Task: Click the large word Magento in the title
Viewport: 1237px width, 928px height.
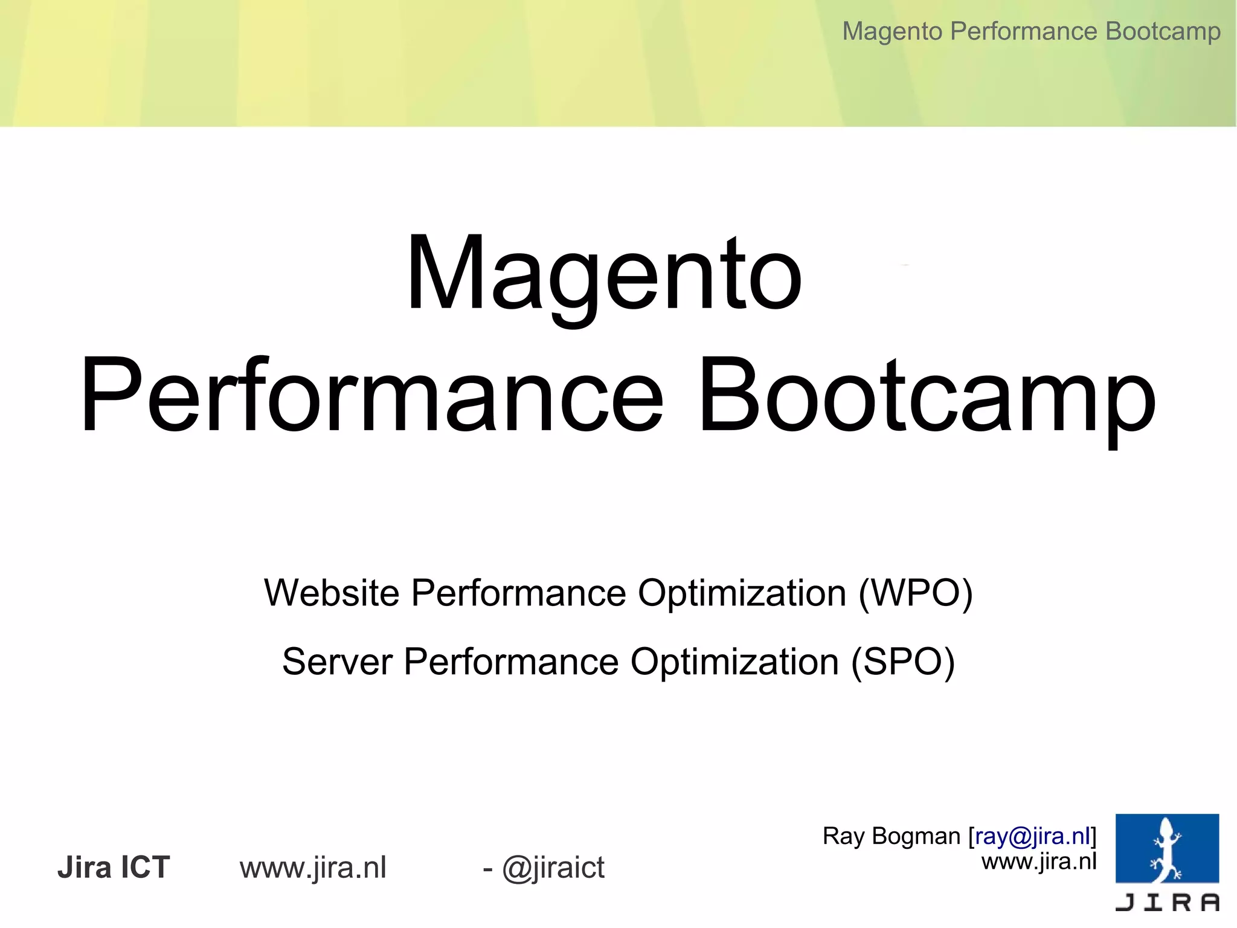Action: point(604,275)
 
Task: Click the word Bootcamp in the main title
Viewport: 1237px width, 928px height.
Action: point(927,396)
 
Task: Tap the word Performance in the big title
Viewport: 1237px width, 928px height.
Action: point(371,396)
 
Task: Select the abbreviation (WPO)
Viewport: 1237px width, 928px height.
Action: point(916,593)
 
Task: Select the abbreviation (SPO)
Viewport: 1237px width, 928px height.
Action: point(902,662)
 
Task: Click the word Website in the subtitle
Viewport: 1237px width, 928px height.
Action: point(332,593)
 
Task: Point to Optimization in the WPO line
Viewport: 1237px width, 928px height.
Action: point(742,593)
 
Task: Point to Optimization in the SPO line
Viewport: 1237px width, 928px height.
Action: point(734,662)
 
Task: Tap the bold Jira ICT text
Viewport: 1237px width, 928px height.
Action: point(114,868)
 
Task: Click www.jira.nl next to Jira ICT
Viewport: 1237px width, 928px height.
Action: point(313,868)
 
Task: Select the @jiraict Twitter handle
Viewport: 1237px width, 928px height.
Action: point(553,868)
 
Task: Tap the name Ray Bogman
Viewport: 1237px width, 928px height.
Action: point(891,836)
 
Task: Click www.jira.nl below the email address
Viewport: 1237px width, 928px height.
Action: point(1039,861)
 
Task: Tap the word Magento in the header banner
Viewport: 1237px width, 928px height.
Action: point(893,31)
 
